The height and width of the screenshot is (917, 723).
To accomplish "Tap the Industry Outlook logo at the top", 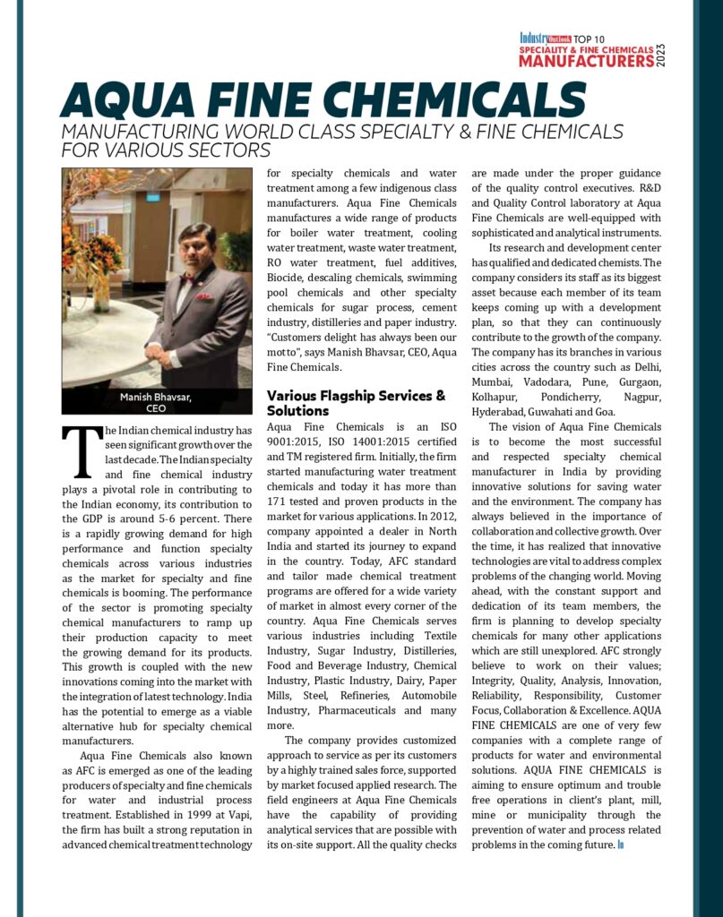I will click(547, 39).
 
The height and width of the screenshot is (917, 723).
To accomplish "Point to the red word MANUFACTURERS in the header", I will click(586, 62).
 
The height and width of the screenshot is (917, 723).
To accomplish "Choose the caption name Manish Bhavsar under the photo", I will click(156, 396).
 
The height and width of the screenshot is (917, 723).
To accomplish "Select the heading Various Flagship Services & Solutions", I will click(356, 403).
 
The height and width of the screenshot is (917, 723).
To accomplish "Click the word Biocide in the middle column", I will click(288, 279).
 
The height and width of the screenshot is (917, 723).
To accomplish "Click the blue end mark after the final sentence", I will click(620, 844).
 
